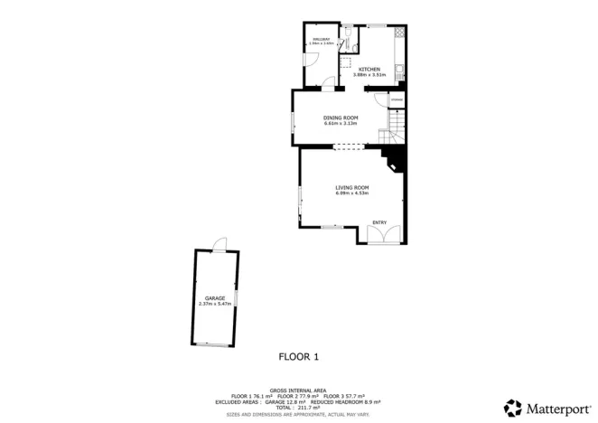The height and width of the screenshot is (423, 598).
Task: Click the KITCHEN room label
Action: coord(369,70)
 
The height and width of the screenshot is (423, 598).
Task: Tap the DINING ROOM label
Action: coord(341,117)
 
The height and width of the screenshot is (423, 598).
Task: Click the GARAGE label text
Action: coord(214,297)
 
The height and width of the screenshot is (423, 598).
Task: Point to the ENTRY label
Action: coord(379,222)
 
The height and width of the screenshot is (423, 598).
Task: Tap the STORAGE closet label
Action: coord(396,99)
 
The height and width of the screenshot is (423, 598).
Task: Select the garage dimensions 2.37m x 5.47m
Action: coord(214,303)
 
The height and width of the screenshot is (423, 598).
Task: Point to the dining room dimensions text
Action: coord(341,123)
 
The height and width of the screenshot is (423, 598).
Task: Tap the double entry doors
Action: coord(380,234)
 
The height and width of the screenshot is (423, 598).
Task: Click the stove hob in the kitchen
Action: coord(400,30)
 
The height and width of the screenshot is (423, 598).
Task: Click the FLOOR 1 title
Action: coord(299,357)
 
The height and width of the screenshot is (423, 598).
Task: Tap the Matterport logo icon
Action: coord(513,407)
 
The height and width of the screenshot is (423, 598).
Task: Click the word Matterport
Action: coord(555,407)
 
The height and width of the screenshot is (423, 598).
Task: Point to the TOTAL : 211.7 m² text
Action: coord(298,408)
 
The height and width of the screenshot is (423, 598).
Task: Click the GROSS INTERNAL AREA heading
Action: coord(298,390)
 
